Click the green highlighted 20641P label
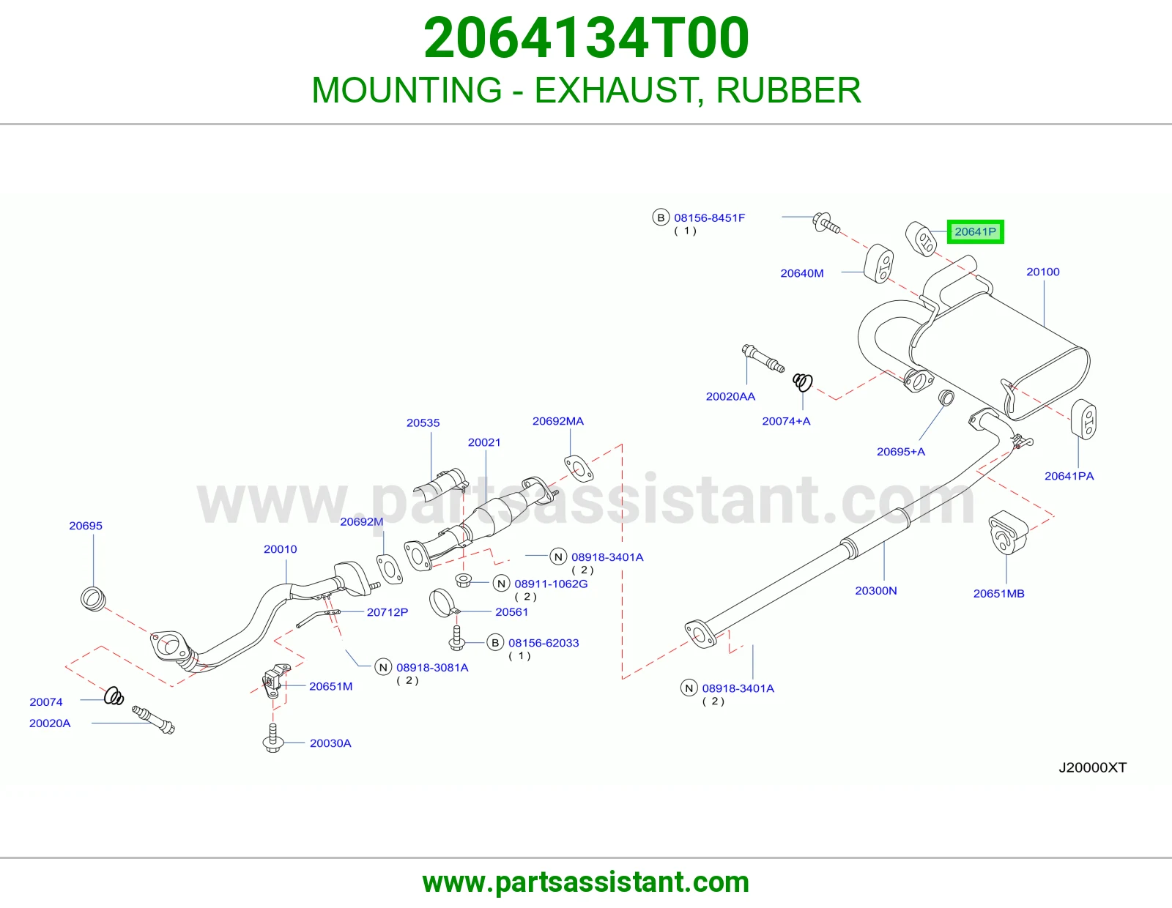tap(975, 232)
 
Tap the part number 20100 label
tap(1042, 272)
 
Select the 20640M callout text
tap(802, 273)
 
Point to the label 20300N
tap(876, 590)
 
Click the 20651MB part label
tap(998, 593)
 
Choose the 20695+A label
tap(901, 451)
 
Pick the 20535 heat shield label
tap(423, 423)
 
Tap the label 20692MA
tap(557, 421)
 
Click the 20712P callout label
tap(387, 612)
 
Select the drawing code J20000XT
tap(1092, 767)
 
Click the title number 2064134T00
tap(586, 38)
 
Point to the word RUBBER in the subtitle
tap(788, 89)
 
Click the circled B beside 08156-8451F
tap(661, 217)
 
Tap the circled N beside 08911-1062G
tap(502, 584)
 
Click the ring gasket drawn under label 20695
tap(93, 598)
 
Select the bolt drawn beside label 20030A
tap(273, 737)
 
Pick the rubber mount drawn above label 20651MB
tap(1007, 532)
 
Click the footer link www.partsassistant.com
tap(586, 882)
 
